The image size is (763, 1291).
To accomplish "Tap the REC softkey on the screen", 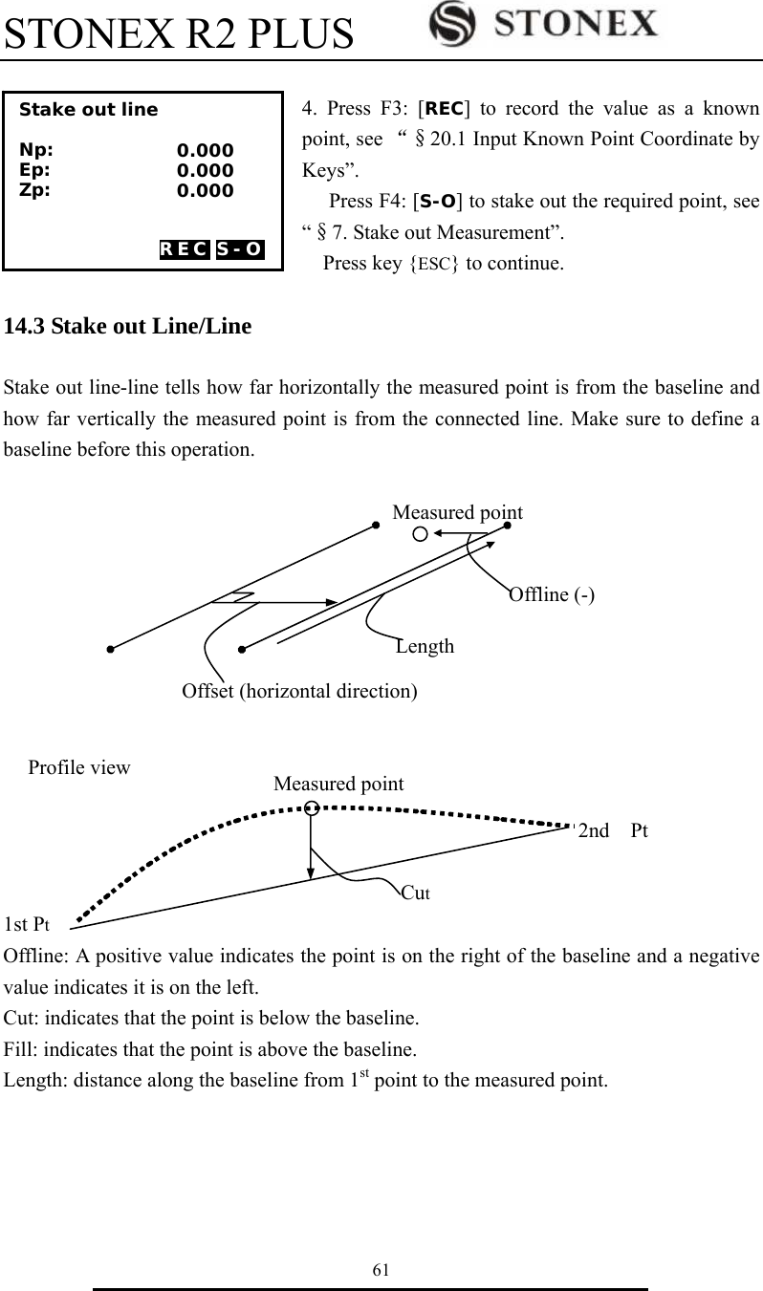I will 184,250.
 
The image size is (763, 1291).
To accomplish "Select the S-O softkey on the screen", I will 239,250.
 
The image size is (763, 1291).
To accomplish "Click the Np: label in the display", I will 36,150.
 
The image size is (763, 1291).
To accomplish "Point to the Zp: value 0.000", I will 205,191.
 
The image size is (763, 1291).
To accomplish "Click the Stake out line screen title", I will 89,109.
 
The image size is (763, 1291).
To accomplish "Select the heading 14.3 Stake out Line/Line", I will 128,327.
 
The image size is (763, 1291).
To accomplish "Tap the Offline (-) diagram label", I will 552,594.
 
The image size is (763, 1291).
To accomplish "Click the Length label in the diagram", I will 425,646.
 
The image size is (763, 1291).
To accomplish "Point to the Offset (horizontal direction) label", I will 298,690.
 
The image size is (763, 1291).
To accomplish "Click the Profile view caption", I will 79,767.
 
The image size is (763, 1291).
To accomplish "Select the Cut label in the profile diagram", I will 416,893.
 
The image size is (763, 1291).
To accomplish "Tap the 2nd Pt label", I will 613,830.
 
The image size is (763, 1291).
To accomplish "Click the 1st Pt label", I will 27,924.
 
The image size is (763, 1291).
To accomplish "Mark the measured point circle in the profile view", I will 311,809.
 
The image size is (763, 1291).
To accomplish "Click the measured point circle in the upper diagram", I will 420,533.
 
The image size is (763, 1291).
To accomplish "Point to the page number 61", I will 381,1269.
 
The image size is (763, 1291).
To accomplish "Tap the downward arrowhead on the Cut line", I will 311,871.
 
